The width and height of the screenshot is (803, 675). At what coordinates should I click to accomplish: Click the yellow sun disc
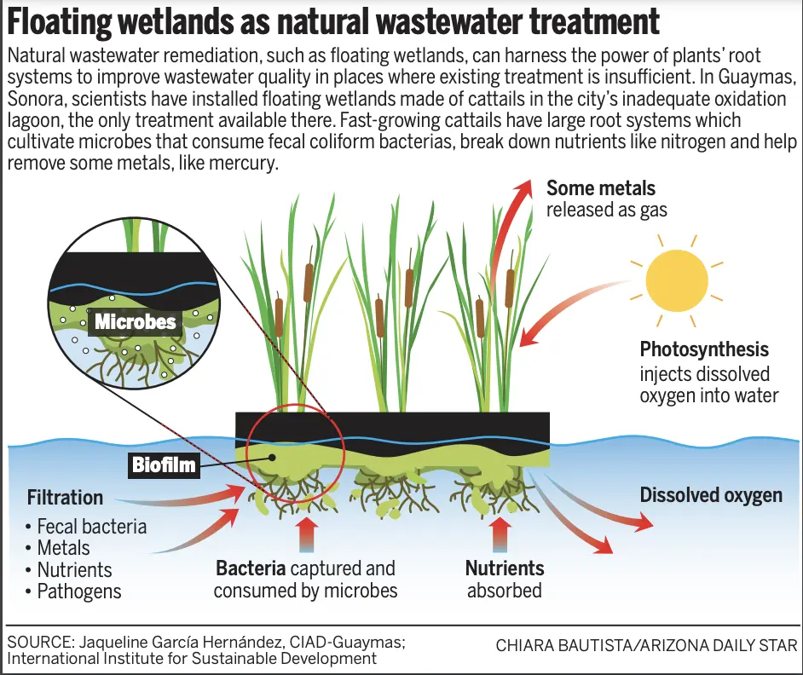click(677, 280)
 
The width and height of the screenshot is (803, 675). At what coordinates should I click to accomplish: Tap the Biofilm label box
click(164, 465)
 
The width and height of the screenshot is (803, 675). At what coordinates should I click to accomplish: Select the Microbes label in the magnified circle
click(136, 321)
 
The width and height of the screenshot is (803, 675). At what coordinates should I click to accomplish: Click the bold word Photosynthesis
click(704, 349)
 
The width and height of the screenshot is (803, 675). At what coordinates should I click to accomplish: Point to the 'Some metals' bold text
click(601, 188)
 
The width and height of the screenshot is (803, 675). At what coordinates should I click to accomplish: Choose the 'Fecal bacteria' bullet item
click(86, 527)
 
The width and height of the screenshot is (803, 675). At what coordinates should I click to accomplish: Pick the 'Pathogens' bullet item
click(73, 591)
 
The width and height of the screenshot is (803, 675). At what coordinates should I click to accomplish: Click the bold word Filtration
click(65, 497)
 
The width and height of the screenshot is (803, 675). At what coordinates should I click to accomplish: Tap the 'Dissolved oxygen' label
click(711, 495)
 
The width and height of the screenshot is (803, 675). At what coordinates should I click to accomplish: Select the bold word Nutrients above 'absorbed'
click(505, 568)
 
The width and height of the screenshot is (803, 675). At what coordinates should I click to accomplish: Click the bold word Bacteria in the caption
click(251, 568)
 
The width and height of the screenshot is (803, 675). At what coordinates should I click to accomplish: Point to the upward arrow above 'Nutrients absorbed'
click(500, 534)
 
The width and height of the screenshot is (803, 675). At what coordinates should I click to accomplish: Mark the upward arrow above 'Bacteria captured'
click(307, 534)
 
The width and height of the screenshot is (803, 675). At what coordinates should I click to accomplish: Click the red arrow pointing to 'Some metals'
click(505, 225)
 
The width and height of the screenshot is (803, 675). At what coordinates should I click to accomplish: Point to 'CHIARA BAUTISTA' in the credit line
click(563, 645)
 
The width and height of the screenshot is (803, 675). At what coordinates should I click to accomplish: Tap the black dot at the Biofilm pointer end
click(273, 458)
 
